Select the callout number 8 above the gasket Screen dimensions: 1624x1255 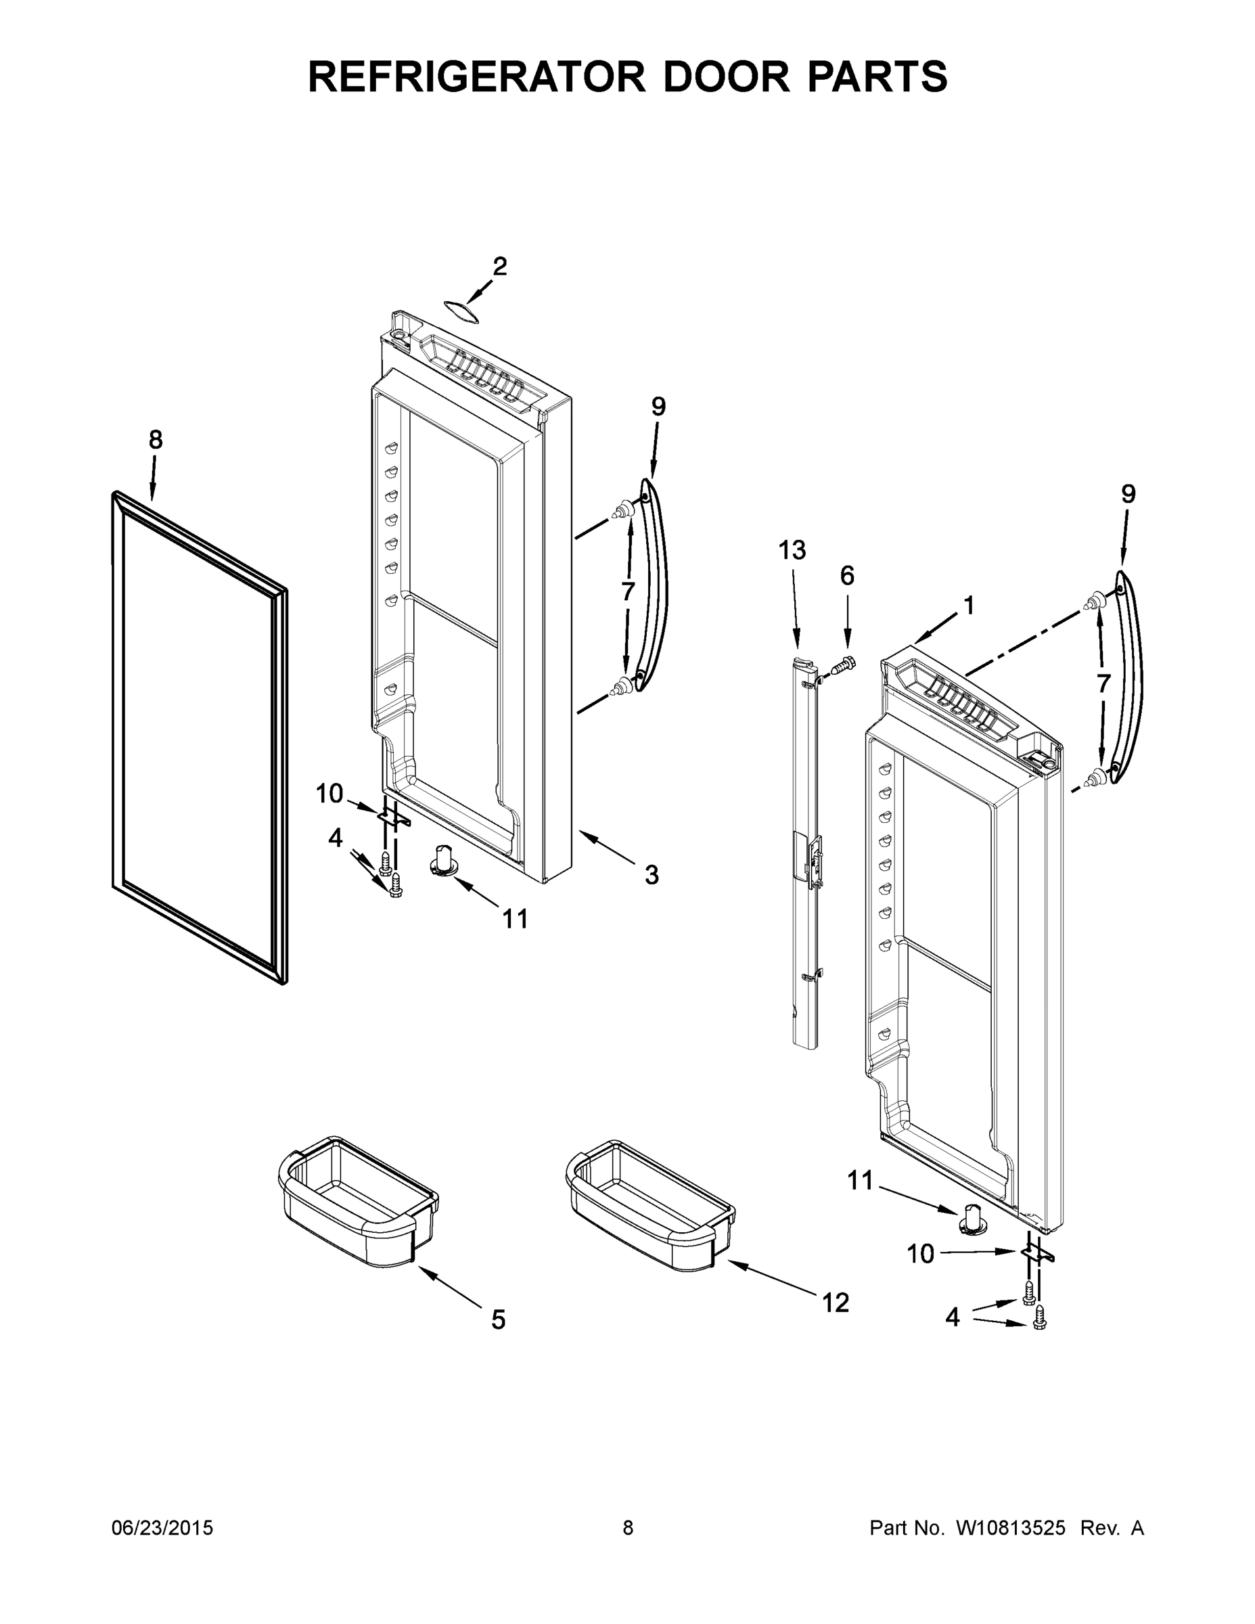(x=156, y=441)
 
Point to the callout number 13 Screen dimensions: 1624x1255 (x=792, y=551)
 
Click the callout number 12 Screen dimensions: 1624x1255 (x=836, y=1302)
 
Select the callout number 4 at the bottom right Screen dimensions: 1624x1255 (x=953, y=1317)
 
